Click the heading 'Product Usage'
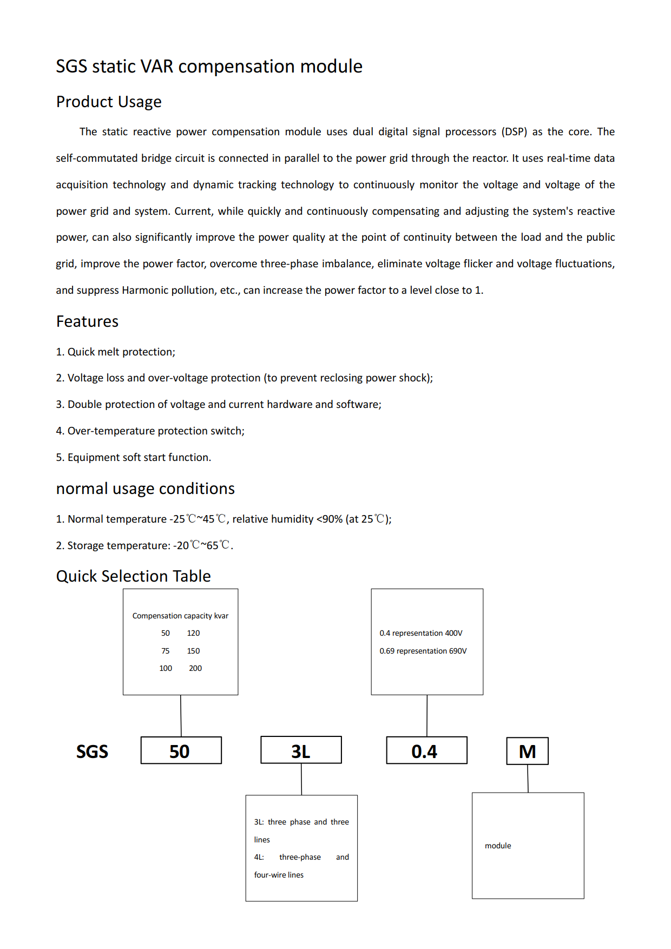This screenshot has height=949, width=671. pyautogui.click(x=109, y=102)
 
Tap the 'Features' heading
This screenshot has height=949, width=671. pyautogui.click(x=87, y=321)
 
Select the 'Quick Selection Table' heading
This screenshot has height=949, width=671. pyautogui.click(x=133, y=576)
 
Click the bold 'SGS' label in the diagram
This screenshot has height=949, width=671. pyautogui.click(x=92, y=752)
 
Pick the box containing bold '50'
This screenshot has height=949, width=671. pyautogui.click(x=181, y=750)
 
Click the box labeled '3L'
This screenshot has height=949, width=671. pyautogui.click(x=301, y=750)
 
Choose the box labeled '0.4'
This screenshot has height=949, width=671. pyautogui.click(x=426, y=750)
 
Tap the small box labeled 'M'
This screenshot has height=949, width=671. pyautogui.click(x=527, y=751)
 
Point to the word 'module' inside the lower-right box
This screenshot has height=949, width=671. pyautogui.click(x=498, y=846)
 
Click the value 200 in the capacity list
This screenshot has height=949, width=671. pyautogui.click(x=195, y=668)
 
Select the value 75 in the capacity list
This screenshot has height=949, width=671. pyautogui.click(x=166, y=651)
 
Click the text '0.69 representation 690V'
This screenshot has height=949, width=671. pyautogui.click(x=423, y=651)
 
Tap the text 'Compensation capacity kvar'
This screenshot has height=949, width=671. pyautogui.click(x=180, y=616)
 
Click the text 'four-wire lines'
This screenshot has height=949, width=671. pyautogui.click(x=279, y=875)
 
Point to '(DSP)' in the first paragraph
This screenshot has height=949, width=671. pyautogui.click(x=514, y=131)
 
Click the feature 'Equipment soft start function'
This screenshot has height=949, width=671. pyautogui.click(x=139, y=458)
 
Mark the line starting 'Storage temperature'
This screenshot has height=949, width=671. pyautogui.click(x=144, y=545)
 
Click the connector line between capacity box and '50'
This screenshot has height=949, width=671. pyautogui.click(x=181, y=716)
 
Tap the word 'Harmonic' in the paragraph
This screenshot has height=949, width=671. pyautogui.click(x=144, y=291)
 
